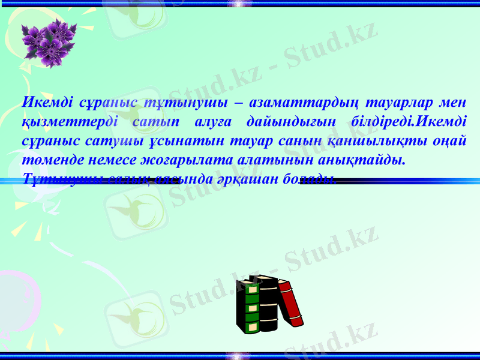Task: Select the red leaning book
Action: pos(290,303)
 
